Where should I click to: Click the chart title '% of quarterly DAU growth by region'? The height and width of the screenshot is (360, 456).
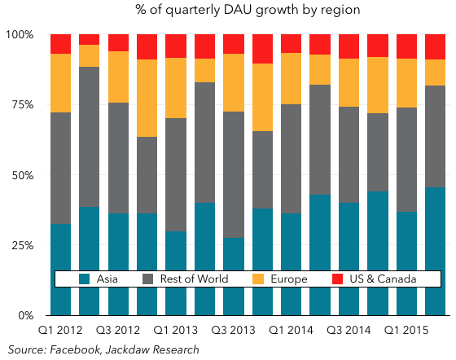point(248,10)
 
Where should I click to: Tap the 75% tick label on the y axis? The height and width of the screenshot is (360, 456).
point(23,105)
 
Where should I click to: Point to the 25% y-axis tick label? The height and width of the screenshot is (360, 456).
point(23,245)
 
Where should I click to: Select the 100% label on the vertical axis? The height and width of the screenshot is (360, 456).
point(20,34)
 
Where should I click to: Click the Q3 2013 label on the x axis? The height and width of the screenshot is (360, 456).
point(233,331)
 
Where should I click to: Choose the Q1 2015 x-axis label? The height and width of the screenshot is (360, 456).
point(406,331)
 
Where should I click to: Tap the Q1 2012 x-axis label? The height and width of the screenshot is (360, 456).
point(60,331)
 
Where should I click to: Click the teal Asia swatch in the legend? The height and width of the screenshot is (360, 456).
point(85,279)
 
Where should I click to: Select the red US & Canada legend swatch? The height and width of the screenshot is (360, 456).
point(337,279)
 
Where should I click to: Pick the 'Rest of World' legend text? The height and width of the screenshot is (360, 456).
point(195,279)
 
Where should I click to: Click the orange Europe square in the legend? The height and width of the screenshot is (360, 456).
point(258,279)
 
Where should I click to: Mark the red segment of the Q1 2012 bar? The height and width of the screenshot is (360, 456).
point(61,44)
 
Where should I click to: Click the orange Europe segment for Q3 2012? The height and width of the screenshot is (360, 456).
point(118,77)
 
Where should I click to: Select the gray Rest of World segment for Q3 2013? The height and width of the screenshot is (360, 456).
point(234,175)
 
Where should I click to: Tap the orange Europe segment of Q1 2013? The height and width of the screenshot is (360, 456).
point(176,88)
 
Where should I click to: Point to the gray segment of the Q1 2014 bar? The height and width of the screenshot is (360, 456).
point(292,159)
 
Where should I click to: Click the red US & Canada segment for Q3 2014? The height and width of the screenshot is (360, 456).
point(349,46)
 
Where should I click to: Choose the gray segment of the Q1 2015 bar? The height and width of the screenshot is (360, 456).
point(406,160)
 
